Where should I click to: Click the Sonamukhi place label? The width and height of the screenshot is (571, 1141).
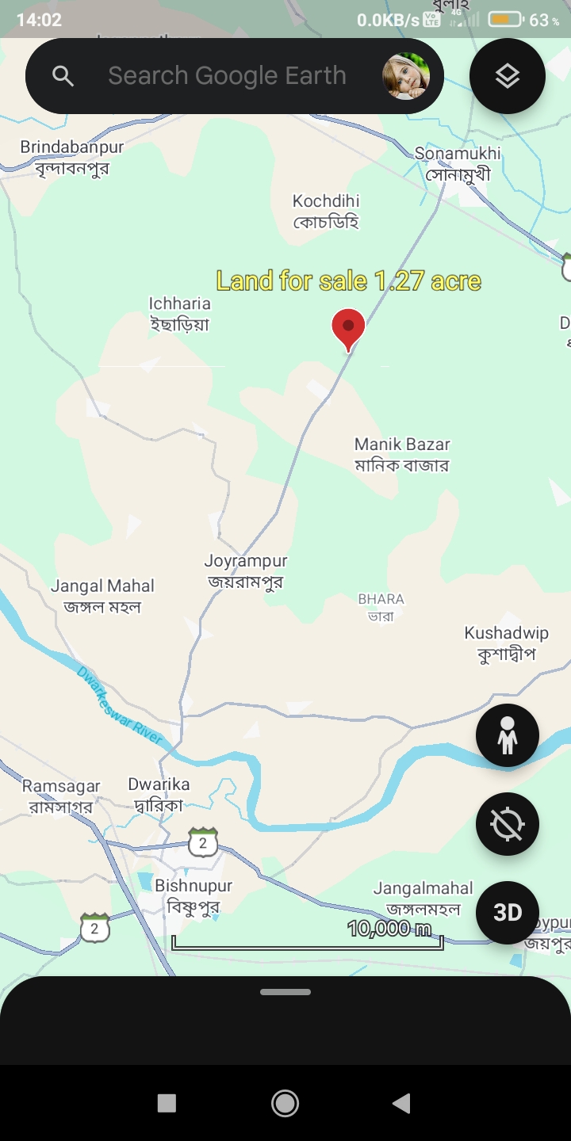click(458, 163)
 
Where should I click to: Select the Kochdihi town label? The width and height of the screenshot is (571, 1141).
click(326, 211)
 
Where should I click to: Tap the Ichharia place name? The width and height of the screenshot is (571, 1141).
click(180, 313)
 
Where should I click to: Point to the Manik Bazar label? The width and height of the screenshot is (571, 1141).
click(402, 454)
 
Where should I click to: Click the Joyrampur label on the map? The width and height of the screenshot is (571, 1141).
click(246, 570)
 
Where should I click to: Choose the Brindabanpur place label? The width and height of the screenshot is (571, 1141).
click(72, 157)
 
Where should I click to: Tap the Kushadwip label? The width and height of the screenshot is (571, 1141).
click(507, 643)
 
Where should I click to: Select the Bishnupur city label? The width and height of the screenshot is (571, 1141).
click(194, 895)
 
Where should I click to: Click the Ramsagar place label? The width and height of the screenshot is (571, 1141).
click(61, 796)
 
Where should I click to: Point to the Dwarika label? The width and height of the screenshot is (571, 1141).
click(159, 794)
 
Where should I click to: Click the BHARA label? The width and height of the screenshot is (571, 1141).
click(381, 607)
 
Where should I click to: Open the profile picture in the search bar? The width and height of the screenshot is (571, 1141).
click(406, 76)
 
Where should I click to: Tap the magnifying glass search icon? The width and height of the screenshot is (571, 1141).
click(63, 76)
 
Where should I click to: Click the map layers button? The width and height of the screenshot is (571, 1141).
click(508, 76)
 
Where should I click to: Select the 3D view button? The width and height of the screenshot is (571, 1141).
click(508, 913)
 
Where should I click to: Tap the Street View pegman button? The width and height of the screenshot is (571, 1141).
click(508, 735)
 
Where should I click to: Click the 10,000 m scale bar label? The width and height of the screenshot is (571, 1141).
click(389, 929)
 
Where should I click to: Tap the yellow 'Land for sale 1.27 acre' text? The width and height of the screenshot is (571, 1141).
click(349, 280)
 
